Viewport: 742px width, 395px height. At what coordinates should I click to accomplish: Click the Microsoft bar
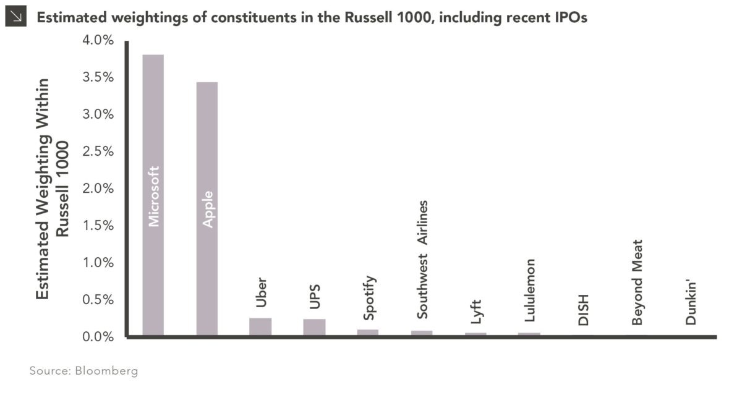(153, 195)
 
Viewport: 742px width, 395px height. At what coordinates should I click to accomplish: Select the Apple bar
(207, 209)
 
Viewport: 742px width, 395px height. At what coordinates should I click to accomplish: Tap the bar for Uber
(260, 327)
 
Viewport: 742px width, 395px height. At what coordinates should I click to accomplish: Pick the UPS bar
(314, 328)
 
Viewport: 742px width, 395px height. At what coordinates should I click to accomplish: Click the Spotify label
(369, 299)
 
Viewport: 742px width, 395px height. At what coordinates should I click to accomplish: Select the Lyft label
(475, 308)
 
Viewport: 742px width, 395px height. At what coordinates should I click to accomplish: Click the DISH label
(583, 309)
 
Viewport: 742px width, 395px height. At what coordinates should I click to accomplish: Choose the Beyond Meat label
(637, 282)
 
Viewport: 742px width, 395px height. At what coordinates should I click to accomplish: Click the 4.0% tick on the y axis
(98, 41)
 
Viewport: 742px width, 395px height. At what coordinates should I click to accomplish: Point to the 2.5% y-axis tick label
(98, 151)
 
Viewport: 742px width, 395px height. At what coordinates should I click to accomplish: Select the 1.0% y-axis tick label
(98, 263)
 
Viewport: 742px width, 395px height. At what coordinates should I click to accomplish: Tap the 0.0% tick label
(98, 337)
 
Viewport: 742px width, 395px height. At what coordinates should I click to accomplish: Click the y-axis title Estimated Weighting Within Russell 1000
(51, 189)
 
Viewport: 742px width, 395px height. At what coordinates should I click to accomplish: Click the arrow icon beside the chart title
(14, 17)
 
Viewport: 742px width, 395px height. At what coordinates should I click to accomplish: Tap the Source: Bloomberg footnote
(83, 371)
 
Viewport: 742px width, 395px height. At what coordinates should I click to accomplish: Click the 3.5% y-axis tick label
(98, 78)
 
